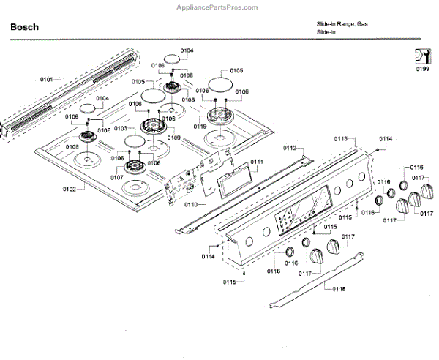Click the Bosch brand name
[x=24, y=27]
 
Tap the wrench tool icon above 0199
[x=421, y=56]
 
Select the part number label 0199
[x=422, y=70]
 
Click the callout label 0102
[x=69, y=190]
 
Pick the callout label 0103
[x=120, y=128]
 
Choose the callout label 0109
[x=173, y=138]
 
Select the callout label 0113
[x=341, y=138]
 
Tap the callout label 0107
[x=117, y=178]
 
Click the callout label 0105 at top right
[x=236, y=70]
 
